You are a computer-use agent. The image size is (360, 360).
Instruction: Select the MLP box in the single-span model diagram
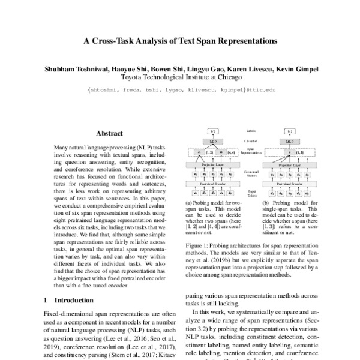click(x=289, y=142)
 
